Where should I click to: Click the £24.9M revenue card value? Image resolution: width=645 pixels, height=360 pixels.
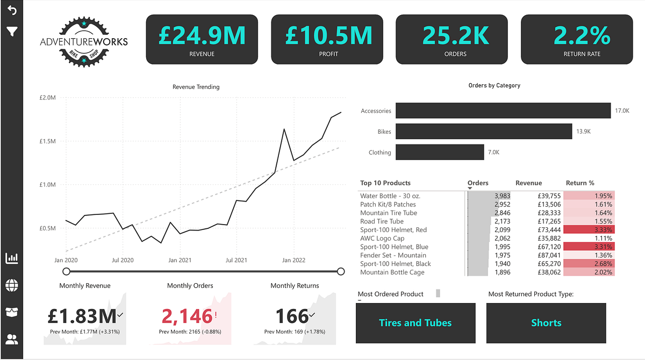202,35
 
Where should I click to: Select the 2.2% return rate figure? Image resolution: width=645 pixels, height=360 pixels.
582,35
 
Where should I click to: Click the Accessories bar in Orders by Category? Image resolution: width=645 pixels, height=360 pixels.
503,111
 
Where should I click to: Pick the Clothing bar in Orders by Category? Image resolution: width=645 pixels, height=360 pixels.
440,152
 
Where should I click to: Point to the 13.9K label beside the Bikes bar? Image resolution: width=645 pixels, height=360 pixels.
583,132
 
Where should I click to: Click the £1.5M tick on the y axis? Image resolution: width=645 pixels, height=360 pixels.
48,141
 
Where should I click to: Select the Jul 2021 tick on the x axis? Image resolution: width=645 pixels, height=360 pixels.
236,260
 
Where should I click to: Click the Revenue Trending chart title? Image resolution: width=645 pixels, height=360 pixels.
196,87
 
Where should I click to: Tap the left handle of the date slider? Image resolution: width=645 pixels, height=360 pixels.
67,271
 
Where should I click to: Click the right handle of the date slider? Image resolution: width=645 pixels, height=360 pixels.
340,271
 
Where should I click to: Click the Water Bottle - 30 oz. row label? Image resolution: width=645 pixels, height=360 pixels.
390,196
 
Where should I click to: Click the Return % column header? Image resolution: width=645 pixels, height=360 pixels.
579,183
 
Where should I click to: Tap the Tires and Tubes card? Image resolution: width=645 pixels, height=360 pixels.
415,323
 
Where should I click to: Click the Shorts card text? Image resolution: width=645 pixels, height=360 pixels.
546,323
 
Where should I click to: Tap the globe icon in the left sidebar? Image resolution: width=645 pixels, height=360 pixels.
11,285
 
